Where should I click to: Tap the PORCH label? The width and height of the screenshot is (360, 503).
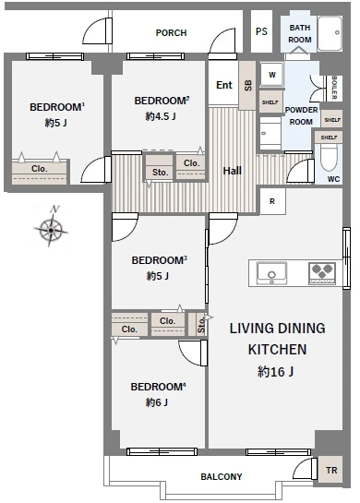(171, 32)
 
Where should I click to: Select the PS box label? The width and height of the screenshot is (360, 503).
(261, 31)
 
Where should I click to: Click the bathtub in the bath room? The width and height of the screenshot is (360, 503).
(330, 33)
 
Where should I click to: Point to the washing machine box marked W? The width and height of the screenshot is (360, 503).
(271, 75)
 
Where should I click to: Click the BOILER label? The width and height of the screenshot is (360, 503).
(334, 88)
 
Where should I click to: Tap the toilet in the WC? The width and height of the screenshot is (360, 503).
(329, 158)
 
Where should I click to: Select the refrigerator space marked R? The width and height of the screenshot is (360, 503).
(272, 201)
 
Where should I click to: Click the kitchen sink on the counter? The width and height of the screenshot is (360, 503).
(271, 273)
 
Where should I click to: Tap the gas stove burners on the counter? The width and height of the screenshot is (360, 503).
(322, 273)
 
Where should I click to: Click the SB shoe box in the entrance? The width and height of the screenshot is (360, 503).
(247, 85)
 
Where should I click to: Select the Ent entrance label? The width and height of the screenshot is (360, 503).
(224, 85)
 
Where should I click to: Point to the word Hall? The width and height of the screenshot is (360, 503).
(232, 171)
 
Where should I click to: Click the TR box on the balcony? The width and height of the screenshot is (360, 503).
(330, 471)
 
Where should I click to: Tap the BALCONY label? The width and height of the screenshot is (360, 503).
(222, 476)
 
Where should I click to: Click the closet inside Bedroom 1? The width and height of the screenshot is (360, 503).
(40, 172)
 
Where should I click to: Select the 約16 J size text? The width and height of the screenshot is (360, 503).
(276, 371)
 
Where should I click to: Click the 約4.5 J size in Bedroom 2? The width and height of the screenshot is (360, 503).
(161, 116)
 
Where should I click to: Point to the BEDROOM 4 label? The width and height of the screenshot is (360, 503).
(158, 387)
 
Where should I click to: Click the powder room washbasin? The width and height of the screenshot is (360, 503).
(270, 134)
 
